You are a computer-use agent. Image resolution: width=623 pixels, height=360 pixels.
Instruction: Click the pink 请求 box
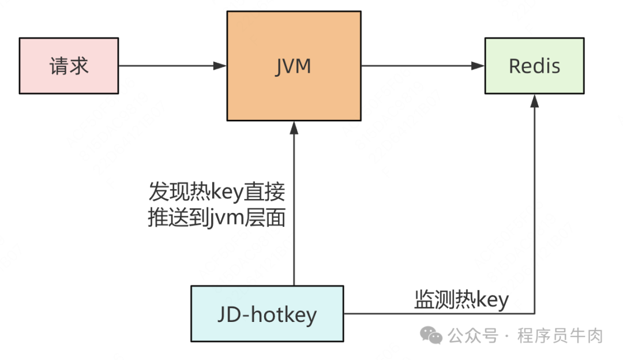pyautogui.click(x=69, y=66)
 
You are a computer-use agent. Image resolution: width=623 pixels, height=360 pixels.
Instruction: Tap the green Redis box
pyautogui.click(x=534, y=66)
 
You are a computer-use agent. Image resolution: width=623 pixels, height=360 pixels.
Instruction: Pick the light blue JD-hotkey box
pyautogui.click(x=267, y=314)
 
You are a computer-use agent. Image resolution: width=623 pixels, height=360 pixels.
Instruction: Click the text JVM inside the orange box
pyautogui.click(x=294, y=66)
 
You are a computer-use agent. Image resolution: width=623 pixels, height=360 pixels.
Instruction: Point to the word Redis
pyautogui.click(x=534, y=66)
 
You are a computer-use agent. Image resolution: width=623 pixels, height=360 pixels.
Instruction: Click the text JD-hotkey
pyautogui.click(x=267, y=314)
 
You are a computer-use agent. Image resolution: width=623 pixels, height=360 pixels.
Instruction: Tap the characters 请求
pyautogui.click(x=69, y=66)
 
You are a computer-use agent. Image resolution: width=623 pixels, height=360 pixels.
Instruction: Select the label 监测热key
pyautogui.click(x=461, y=299)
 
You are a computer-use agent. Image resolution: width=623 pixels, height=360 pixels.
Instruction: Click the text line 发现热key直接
pyautogui.click(x=217, y=191)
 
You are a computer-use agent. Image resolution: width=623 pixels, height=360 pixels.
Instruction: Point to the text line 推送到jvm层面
pyautogui.click(x=217, y=219)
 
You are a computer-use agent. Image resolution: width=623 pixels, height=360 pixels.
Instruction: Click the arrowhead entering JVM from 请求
pyautogui.click(x=220, y=66)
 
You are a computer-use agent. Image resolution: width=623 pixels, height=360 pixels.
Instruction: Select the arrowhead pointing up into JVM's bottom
pyautogui.click(x=294, y=127)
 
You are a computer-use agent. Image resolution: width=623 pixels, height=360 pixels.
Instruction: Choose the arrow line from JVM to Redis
pyautogui.click(x=421, y=66)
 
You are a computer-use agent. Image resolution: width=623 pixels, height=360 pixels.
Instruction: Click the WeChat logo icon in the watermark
pyautogui.click(x=431, y=334)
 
